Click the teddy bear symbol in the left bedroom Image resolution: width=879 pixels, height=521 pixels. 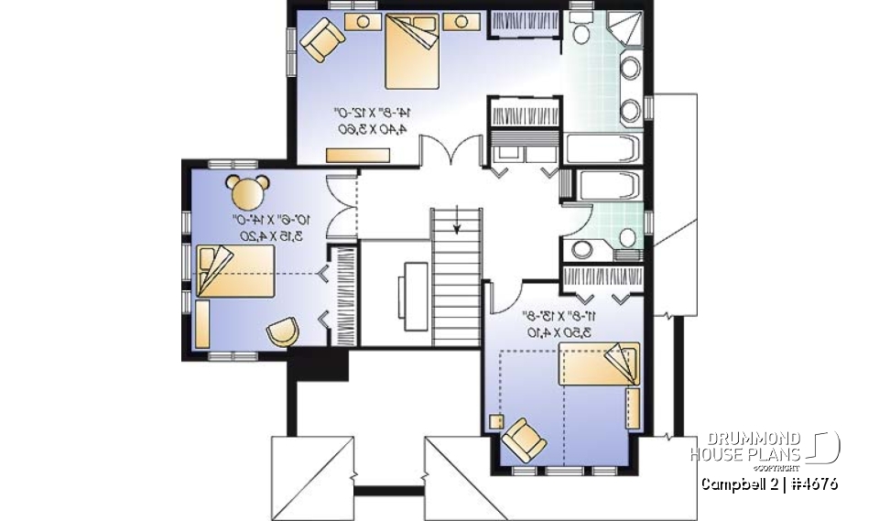[x=246, y=191]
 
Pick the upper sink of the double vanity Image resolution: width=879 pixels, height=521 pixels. [x=630, y=68]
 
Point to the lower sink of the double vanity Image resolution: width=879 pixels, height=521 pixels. [x=630, y=111]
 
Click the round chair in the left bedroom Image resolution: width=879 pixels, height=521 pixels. [x=283, y=331]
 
